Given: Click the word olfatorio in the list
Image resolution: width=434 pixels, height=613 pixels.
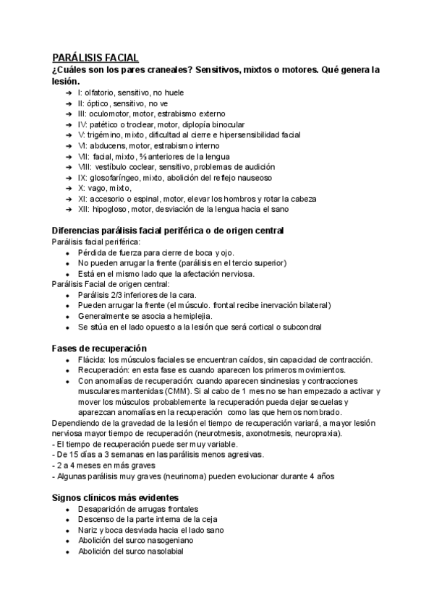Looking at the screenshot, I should pos(101,93).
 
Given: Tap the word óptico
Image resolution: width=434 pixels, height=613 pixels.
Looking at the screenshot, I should pos(98,103).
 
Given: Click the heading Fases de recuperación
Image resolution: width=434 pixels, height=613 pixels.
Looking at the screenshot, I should pos(99,348).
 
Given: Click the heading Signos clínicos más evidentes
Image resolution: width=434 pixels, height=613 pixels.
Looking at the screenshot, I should pos(116,498).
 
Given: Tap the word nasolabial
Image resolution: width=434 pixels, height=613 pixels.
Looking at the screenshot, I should pos(166,552).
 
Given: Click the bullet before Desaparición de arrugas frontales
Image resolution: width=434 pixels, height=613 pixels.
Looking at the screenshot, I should pos(67,510).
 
